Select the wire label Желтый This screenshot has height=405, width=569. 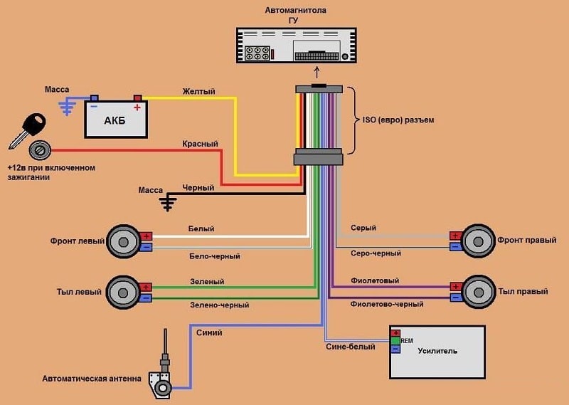click(198, 92)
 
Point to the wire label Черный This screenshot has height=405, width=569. click(198, 188)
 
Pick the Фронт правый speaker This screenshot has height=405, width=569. click(478, 241)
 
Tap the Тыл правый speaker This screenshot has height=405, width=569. click(478, 292)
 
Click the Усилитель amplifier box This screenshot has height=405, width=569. click(437, 351)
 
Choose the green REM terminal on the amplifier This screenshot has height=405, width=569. click(395, 341)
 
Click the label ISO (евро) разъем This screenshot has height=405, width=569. click(398, 120)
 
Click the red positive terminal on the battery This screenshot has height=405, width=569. click(137, 98)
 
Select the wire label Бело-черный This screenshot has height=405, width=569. click(214, 256)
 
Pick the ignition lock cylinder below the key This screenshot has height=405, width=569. click(39, 150)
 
